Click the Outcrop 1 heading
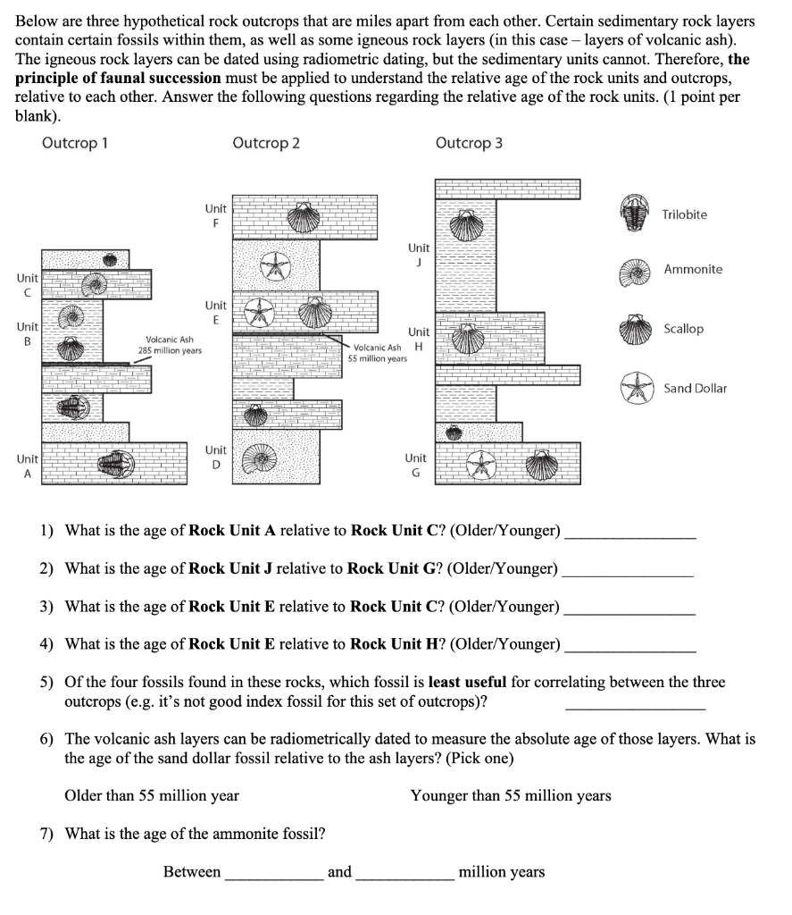point(74,143)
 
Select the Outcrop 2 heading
point(265,143)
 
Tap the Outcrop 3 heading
point(469,143)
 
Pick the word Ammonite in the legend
point(693,269)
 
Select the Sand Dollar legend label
point(695,388)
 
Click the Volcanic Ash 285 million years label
point(170,345)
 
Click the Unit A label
point(27,466)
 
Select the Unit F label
point(215,214)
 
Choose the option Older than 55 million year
point(152,795)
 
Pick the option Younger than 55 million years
point(511,795)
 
